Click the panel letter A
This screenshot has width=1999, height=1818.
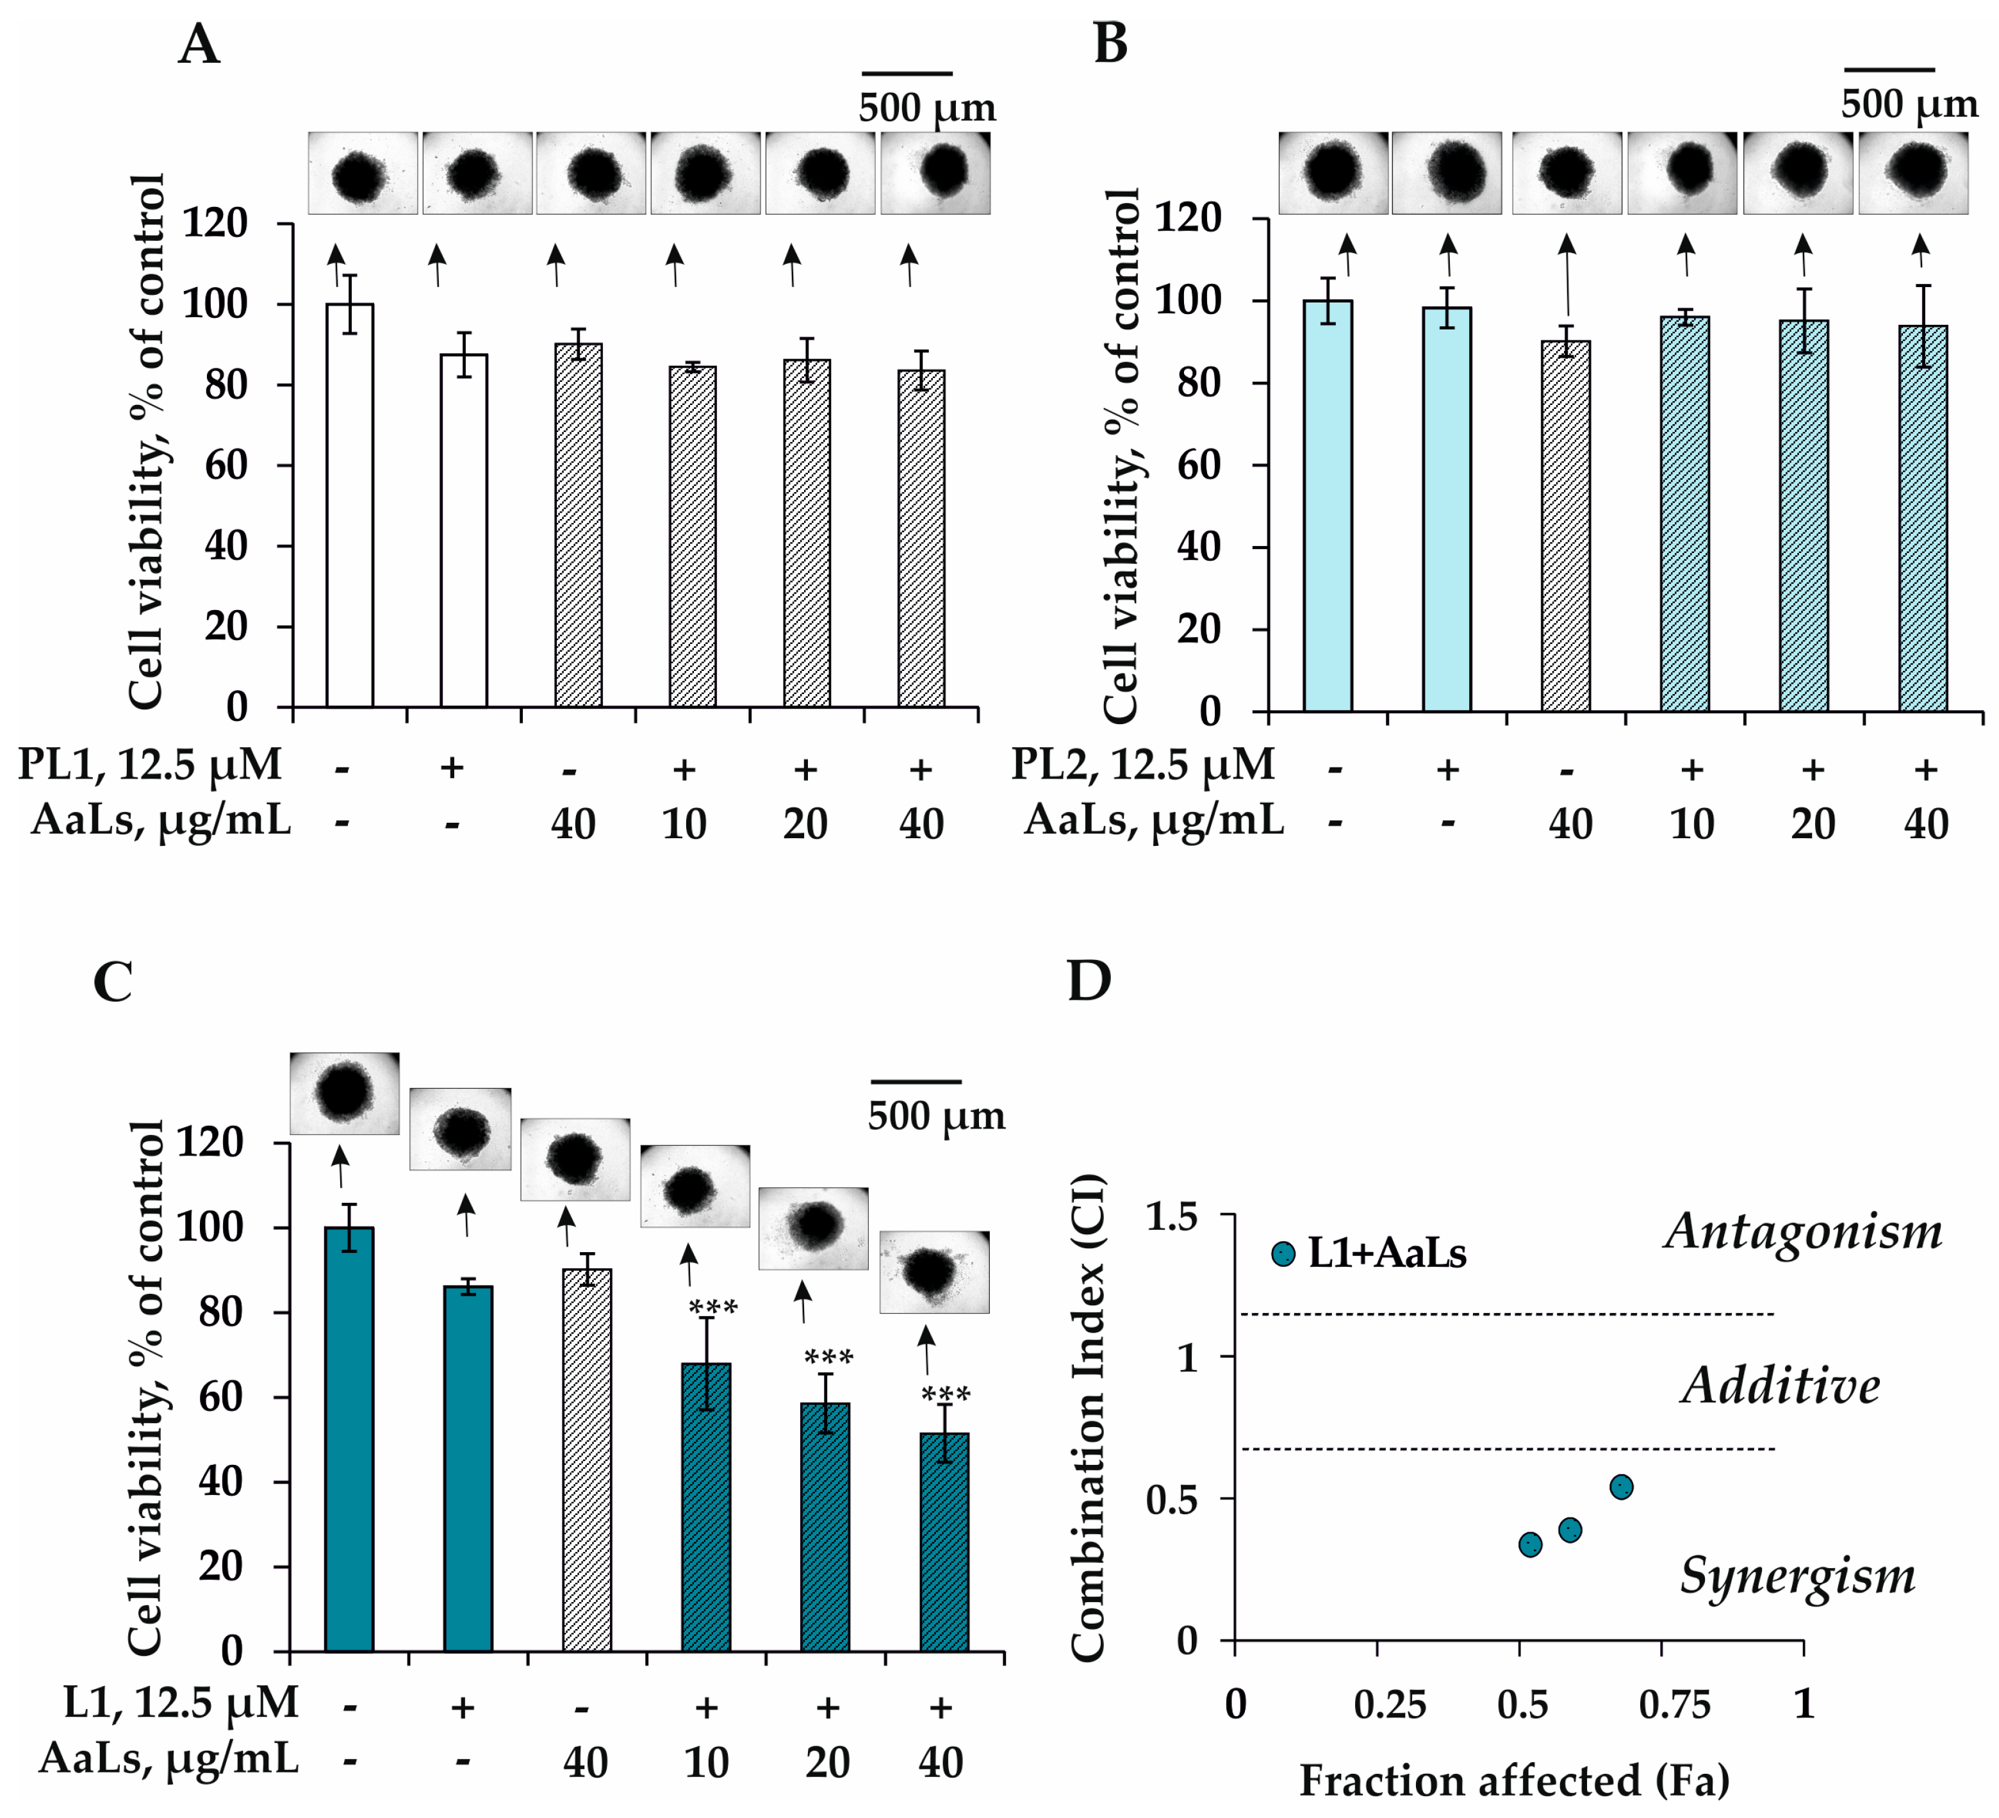click(199, 45)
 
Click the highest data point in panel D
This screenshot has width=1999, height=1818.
click(1621, 1487)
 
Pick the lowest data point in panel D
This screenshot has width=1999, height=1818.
click(1531, 1544)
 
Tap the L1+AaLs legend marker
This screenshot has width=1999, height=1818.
click(1283, 1253)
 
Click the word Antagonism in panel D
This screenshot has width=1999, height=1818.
click(1804, 1232)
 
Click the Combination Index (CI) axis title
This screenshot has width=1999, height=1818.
click(1088, 1418)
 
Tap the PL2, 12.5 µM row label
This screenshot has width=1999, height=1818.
click(1143, 764)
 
